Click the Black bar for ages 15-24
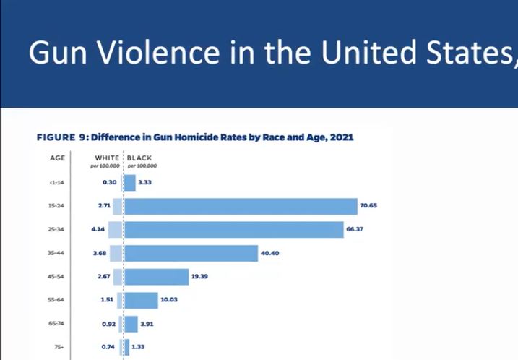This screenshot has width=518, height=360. tap(241, 206)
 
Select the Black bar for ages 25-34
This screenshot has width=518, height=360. tap(233, 229)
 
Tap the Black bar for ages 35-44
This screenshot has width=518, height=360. tap(191, 253)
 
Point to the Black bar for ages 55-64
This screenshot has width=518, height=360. tap(141, 300)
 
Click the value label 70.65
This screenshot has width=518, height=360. tap(368, 206)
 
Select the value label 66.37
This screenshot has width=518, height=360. tap(354, 229)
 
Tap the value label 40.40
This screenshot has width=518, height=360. tap(269, 253)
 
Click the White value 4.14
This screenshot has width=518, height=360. tap(99, 229)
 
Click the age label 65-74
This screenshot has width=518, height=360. tap(56, 324)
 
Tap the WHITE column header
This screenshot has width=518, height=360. tap(108, 157)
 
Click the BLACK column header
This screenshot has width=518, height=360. tap(140, 157)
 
